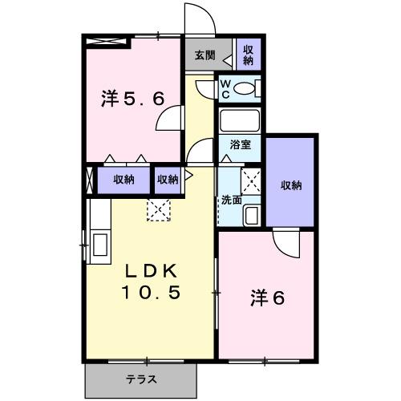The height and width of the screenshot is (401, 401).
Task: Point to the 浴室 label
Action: [240, 146]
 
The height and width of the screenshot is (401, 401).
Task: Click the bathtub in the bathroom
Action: [239, 121]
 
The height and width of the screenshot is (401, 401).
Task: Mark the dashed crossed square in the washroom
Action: [251, 181]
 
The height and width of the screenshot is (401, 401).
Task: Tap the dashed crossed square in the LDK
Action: [159, 209]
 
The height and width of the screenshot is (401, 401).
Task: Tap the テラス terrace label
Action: [140, 379]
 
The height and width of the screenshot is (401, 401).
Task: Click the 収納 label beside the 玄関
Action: [249, 55]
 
